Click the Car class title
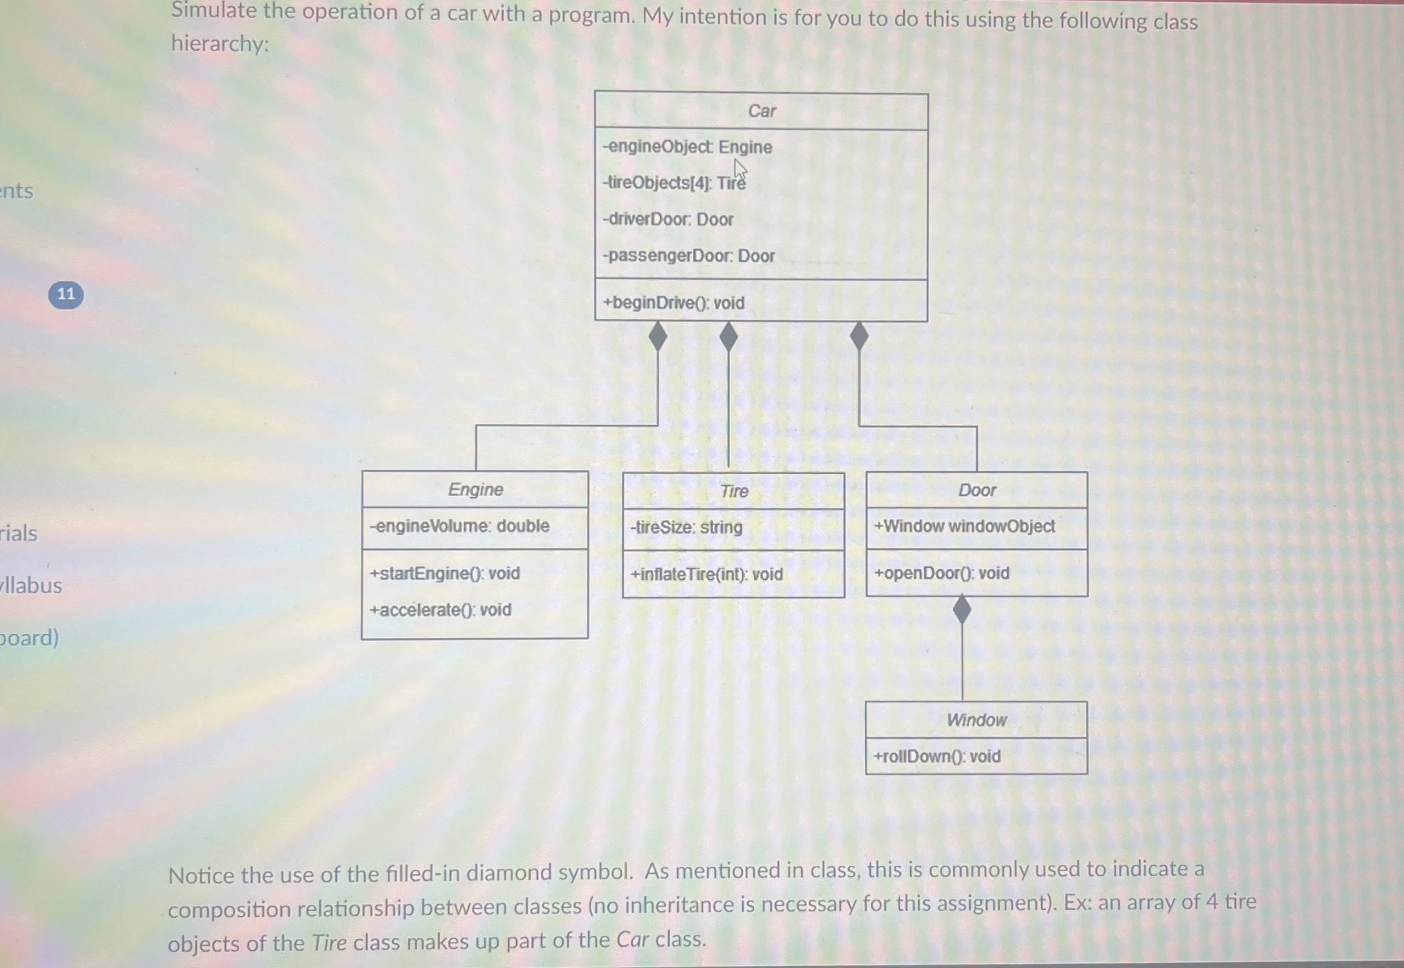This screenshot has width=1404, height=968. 761,111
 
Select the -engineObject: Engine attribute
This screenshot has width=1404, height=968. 688,148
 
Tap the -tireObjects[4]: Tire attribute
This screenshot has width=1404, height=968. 674,183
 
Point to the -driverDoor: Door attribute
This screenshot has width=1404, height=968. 668,220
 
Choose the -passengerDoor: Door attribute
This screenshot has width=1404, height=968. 689,256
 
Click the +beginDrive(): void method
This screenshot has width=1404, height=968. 674,303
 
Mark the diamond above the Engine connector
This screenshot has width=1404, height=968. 658,337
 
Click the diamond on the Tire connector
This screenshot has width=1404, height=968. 728,337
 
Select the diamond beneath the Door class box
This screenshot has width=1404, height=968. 962,609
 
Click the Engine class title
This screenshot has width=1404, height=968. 476,489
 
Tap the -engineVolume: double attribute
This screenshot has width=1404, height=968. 460,526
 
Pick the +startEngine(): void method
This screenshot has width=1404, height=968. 445,573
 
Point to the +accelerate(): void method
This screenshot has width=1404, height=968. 441,609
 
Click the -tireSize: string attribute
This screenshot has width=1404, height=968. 686,527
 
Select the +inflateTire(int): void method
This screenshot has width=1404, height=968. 707,574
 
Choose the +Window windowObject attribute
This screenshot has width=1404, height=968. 964,526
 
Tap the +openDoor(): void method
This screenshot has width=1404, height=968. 941,573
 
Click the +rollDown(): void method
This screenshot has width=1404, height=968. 937,756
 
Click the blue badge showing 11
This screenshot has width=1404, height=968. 66,295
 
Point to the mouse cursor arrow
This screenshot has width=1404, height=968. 739,170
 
